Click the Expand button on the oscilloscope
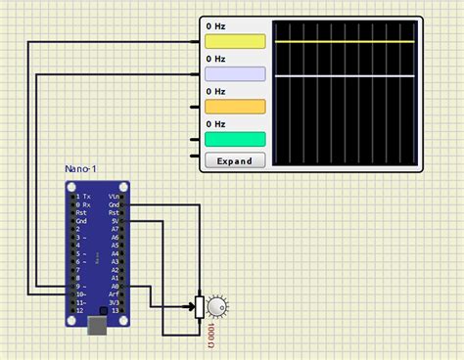coord(235,160)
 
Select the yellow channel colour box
coord(235,42)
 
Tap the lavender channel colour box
coord(235,74)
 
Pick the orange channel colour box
coord(235,107)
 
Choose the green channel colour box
coord(235,139)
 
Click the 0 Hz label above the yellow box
coord(216,26)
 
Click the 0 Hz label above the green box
coord(216,124)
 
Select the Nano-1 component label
coord(80,169)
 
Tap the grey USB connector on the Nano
coord(98,326)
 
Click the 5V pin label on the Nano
coord(115,221)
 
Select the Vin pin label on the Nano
coord(115,197)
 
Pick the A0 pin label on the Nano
coord(115,286)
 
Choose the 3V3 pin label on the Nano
coord(115,302)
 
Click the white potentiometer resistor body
coord(200,307)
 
